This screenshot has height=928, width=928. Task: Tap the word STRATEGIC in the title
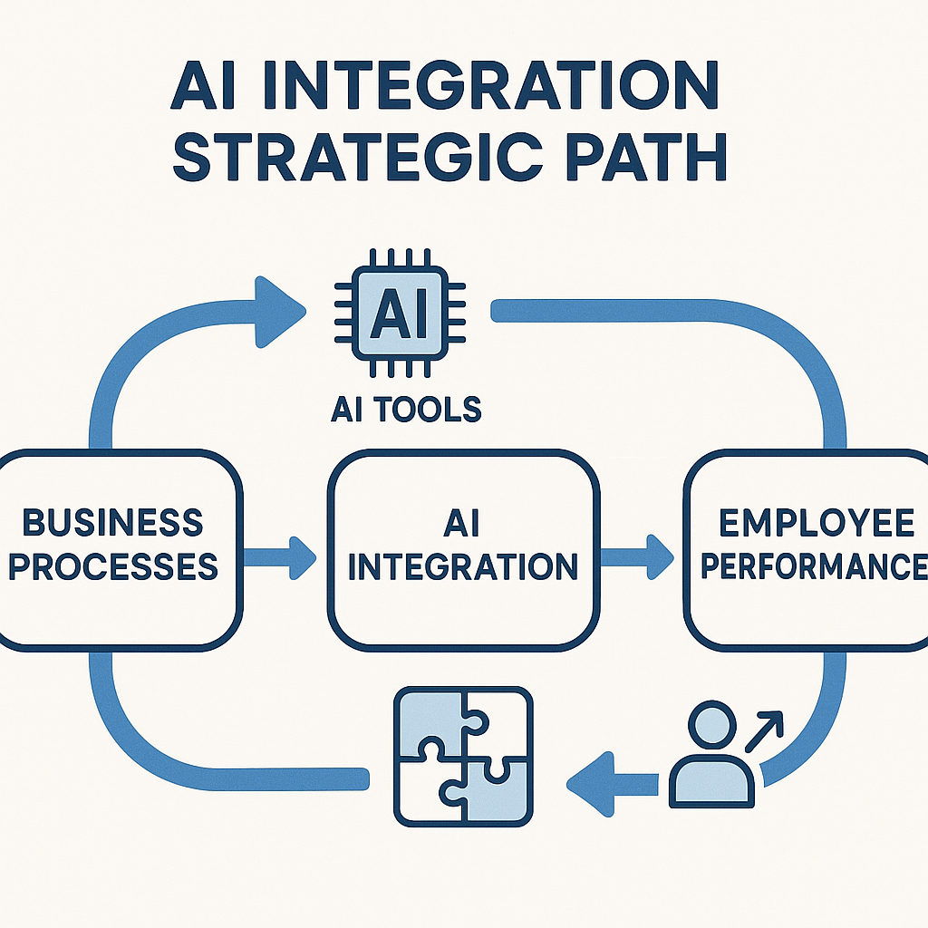[x=357, y=157]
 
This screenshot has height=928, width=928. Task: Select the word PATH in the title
[x=646, y=157]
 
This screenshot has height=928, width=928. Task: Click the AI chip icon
[x=400, y=313]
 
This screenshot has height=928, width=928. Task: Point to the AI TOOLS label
[x=406, y=409]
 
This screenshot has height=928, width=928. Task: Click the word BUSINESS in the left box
[x=112, y=523]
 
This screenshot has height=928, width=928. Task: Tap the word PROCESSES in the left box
[x=113, y=566]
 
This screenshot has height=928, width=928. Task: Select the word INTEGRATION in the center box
[x=463, y=566]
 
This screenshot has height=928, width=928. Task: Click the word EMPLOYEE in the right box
[x=817, y=523]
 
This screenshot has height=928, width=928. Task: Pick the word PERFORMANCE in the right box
[x=815, y=566]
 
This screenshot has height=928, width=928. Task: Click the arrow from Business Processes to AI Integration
[x=280, y=557]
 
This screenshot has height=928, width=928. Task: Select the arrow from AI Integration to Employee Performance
[x=637, y=557]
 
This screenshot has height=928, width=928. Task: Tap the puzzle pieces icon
[x=463, y=757]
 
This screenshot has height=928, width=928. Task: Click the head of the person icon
[x=711, y=725]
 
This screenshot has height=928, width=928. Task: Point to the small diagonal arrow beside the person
[x=764, y=731]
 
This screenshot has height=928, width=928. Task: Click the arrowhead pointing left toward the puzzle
[x=591, y=785]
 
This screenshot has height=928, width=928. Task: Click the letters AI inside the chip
[x=400, y=313]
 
